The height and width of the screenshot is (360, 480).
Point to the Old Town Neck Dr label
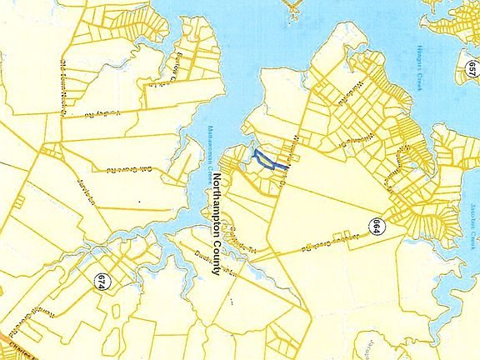coord(63,83)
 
